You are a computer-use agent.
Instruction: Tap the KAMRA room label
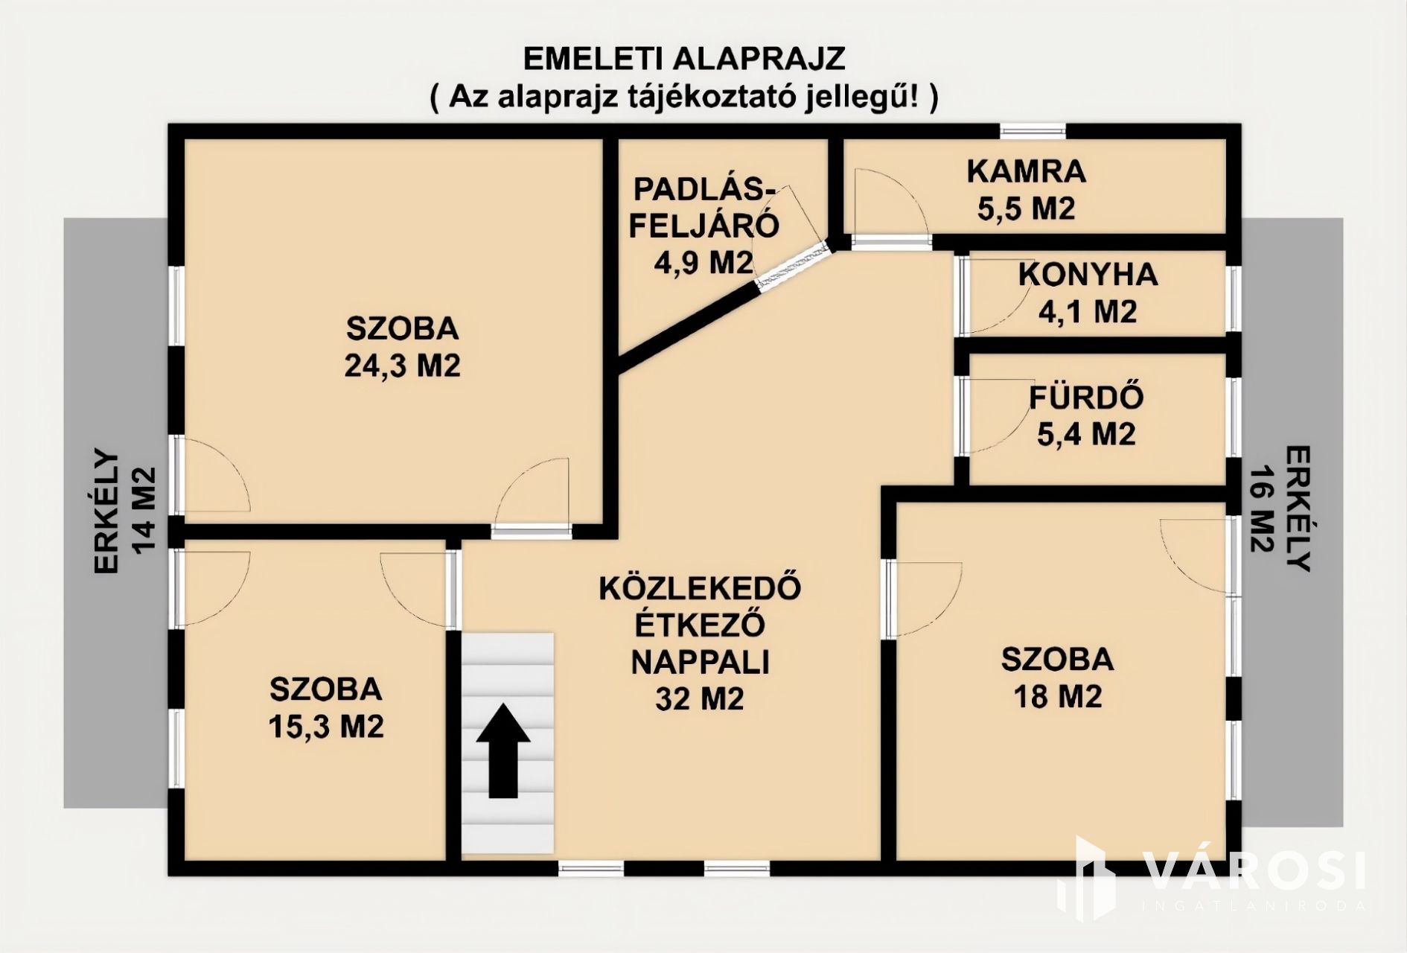pyautogui.click(x=1027, y=171)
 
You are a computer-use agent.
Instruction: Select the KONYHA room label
pyautogui.click(x=1088, y=275)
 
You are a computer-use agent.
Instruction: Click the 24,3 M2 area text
pyautogui.click(x=403, y=366)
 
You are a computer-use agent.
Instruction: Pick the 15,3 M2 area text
pyautogui.click(x=326, y=726)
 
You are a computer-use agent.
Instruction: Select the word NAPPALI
pyautogui.click(x=700, y=662)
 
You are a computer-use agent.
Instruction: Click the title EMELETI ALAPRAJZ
pyautogui.click(x=685, y=58)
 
